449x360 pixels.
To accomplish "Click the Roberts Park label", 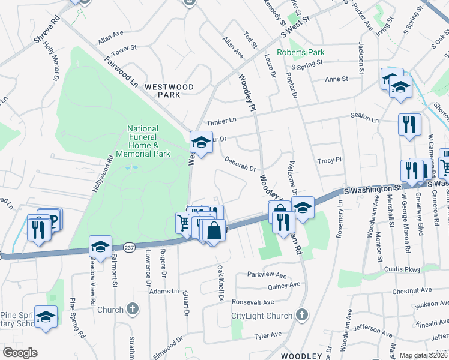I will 301,52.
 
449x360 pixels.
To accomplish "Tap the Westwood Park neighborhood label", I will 169,91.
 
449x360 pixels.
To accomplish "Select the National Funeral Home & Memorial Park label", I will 143,141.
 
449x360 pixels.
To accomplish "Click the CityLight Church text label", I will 262,316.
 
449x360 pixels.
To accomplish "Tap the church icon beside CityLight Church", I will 301,314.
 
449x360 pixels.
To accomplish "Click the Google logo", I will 20,353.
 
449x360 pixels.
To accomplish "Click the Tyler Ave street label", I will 268,335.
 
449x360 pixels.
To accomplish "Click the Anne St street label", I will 336,79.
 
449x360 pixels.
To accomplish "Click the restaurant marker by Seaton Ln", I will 409,124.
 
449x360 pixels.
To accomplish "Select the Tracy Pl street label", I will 329,160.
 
